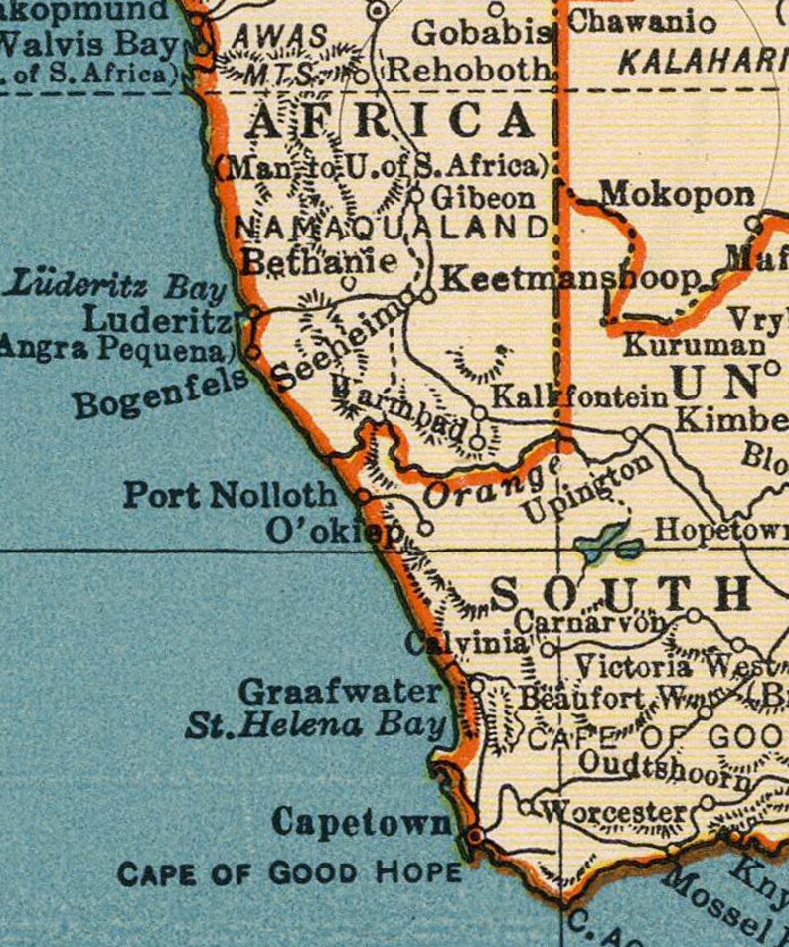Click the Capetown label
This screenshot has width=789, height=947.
point(361,823)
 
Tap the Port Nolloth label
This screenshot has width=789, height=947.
point(230,494)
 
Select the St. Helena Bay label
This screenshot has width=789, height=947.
point(315,726)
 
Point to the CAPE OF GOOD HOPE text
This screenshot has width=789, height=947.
point(289,874)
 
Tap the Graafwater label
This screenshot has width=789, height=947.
point(340,691)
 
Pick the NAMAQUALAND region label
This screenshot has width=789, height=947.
point(391,228)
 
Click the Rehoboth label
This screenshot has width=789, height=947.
point(468,71)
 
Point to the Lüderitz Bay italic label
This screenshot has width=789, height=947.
point(116,288)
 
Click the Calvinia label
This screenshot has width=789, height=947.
point(466,644)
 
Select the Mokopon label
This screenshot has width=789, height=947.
point(677,194)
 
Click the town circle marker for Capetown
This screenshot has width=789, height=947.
point(475,836)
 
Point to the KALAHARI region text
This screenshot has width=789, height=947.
point(700,62)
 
